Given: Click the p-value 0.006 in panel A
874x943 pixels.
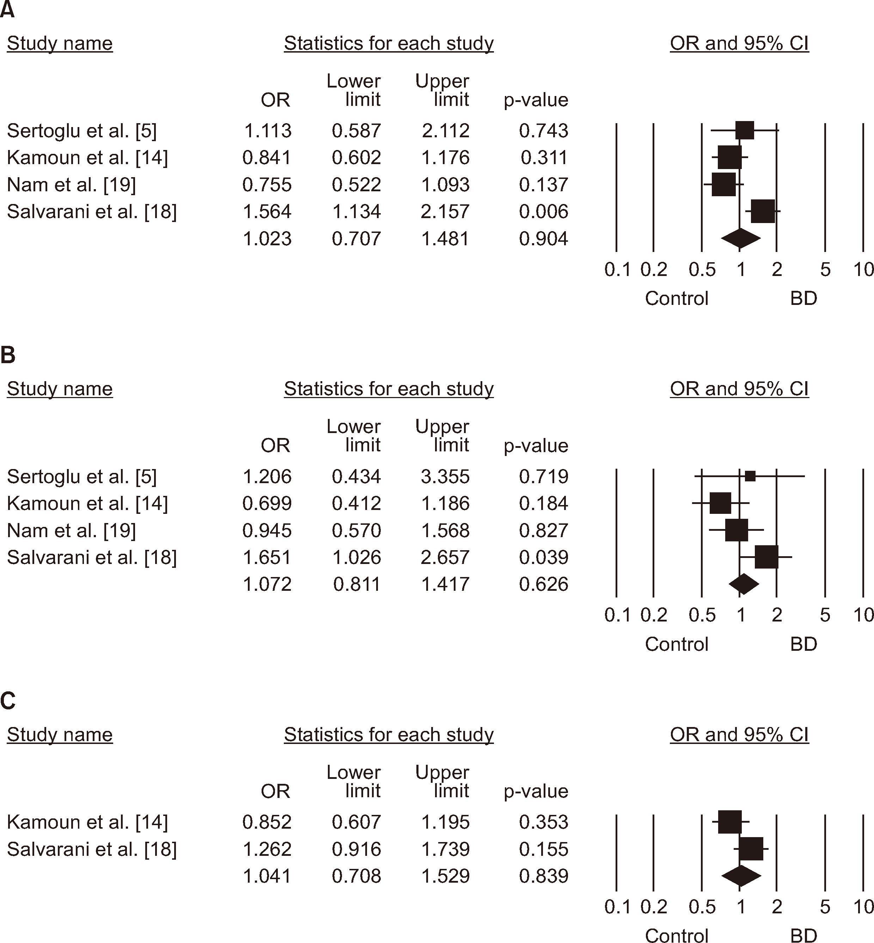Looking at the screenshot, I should tap(543, 212).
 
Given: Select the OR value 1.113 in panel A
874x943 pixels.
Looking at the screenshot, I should tap(268, 131).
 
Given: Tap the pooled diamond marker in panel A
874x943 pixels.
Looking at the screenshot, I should tap(741, 238).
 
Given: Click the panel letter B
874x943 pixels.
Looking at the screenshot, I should tap(8, 355).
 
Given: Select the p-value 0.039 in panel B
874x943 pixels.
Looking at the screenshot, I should tap(543, 557).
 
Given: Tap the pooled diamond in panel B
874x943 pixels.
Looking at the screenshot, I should tap(744, 584).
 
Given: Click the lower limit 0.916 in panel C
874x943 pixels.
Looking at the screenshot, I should tap(356, 849).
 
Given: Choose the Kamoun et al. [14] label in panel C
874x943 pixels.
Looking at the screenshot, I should tap(87, 822).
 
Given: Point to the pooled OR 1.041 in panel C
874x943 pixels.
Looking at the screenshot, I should tap(267, 876).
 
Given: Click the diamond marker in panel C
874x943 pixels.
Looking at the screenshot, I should tap(741, 876).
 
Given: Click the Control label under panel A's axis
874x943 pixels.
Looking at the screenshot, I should tap(676, 299).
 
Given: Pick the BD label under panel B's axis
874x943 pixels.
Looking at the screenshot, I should tap(803, 644).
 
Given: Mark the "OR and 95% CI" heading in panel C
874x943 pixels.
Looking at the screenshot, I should tap(739, 735).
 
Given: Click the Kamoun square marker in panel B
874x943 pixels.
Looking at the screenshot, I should tap(720, 503).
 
